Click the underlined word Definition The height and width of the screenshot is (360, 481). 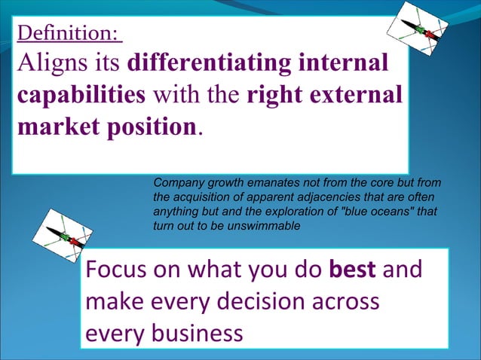point(67,33)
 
